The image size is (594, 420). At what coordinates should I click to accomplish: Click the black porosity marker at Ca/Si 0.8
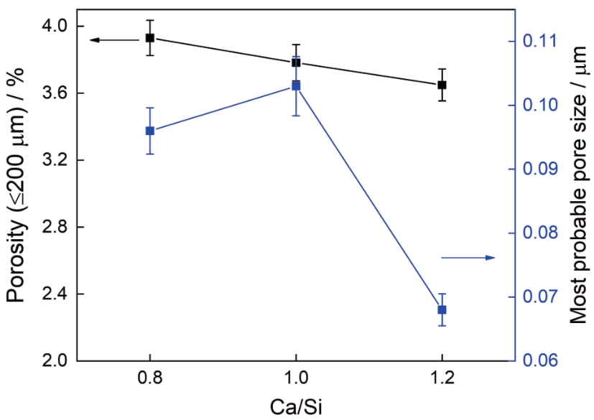click(149, 37)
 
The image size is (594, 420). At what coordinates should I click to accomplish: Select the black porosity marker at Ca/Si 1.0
click(295, 62)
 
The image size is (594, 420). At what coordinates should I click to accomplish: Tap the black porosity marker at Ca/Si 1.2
click(442, 85)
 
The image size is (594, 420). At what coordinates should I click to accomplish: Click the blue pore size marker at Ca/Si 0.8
click(149, 131)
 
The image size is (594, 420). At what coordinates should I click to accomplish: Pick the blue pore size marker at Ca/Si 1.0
click(295, 85)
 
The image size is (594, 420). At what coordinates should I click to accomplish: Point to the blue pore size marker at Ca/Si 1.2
click(442, 309)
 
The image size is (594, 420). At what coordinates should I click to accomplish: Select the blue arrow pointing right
click(468, 257)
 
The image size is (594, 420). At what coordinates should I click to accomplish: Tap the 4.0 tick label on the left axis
click(52, 27)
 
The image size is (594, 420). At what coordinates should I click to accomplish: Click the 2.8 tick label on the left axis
click(52, 228)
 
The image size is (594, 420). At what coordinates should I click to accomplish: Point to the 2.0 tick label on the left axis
click(52, 361)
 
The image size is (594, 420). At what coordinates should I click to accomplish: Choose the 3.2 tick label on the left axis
click(52, 160)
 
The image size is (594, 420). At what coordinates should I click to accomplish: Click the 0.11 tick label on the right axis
click(545, 41)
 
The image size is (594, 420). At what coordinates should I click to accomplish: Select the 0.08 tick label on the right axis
click(545, 233)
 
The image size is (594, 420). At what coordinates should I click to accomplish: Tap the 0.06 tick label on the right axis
click(545, 361)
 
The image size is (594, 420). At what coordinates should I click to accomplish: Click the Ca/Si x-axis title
click(295, 406)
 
